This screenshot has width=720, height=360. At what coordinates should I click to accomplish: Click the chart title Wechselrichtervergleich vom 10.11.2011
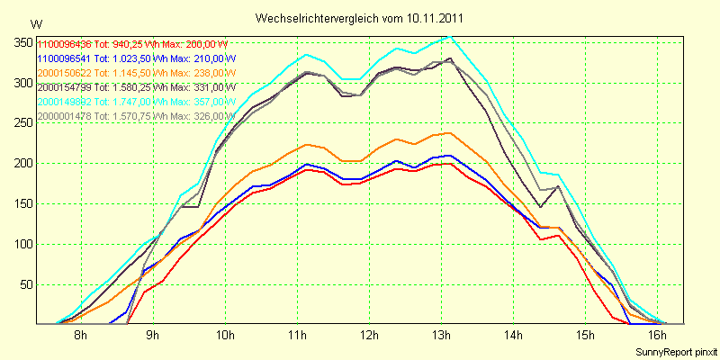360,18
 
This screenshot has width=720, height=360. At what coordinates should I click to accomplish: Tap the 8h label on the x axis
80,336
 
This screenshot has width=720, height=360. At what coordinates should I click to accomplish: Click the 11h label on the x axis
297,336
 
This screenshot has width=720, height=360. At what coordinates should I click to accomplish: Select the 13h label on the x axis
441,336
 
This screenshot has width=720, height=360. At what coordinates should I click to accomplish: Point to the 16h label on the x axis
657,336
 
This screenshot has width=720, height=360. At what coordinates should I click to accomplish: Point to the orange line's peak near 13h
447,132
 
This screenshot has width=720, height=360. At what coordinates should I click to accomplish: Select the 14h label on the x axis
513,336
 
